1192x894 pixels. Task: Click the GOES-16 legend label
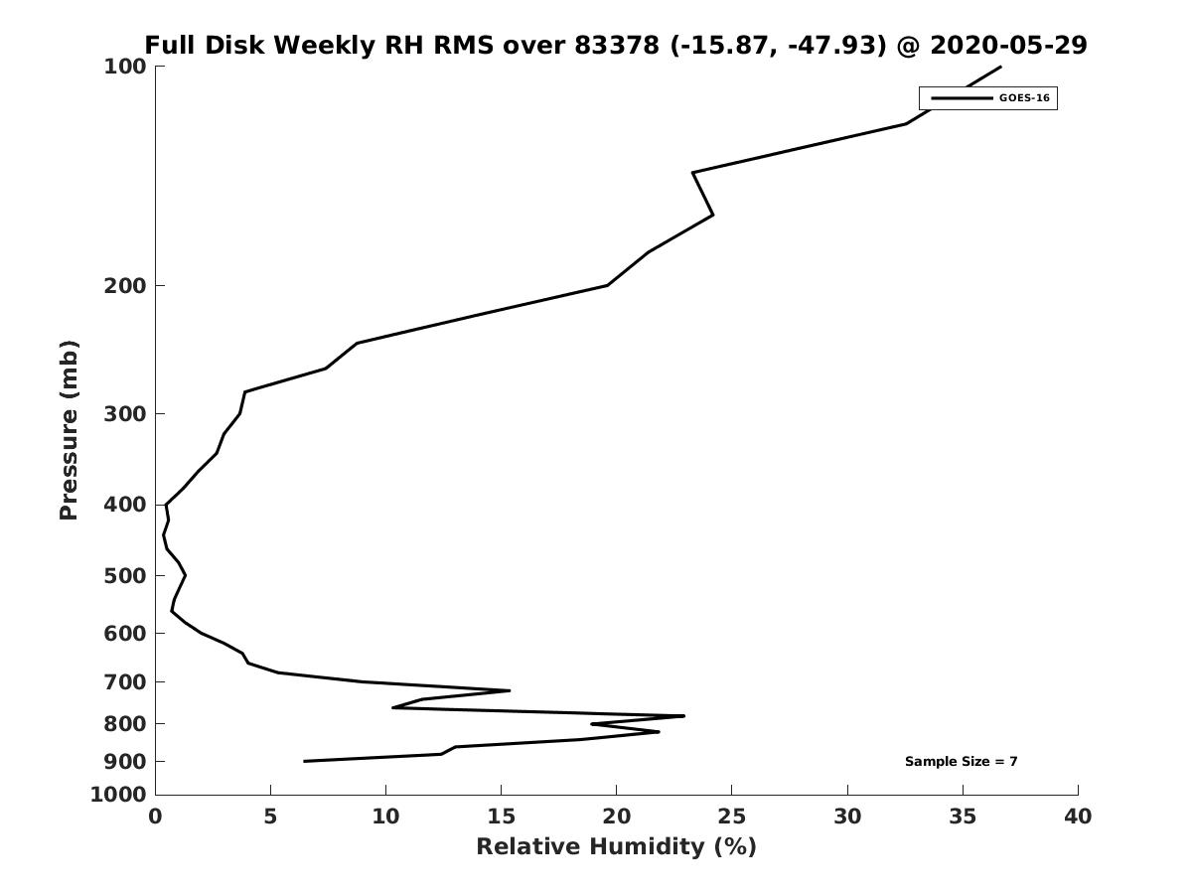point(1024,98)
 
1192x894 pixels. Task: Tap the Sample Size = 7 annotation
point(961,761)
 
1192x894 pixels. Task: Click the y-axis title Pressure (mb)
point(69,430)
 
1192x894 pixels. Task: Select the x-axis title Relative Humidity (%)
point(616,846)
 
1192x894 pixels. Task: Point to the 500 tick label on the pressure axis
point(125,576)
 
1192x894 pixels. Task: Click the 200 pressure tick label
point(125,285)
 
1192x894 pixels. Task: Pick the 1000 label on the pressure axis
point(118,796)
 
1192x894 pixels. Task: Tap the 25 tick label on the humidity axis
point(731,817)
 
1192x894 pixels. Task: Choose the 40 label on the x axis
point(1078,817)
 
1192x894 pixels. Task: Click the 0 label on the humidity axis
point(155,817)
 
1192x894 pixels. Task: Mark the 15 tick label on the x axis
point(501,817)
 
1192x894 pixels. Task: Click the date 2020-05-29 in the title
point(1008,45)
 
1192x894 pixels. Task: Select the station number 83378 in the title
point(617,45)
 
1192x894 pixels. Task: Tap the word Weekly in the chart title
point(324,46)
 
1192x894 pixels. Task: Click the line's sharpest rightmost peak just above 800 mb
point(683,716)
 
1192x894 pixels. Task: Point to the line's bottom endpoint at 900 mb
point(304,761)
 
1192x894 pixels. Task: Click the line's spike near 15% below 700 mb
point(510,690)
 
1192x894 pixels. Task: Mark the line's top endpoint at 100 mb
point(1000,67)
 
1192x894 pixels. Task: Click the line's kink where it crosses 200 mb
point(607,285)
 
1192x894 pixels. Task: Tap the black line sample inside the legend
point(962,98)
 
